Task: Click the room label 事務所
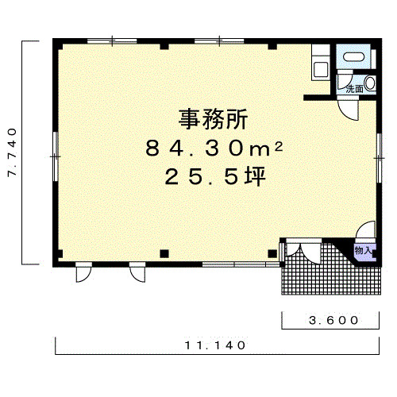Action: [x=214, y=119]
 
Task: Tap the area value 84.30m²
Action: [x=214, y=148]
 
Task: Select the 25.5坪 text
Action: [x=215, y=176]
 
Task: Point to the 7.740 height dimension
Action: [x=12, y=152]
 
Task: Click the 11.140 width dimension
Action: [x=215, y=345]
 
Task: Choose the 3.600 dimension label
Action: [x=333, y=320]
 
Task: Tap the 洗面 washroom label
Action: [x=355, y=89]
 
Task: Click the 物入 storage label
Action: [x=364, y=250]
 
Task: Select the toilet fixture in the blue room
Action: [x=353, y=56]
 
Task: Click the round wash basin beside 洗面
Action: [x=370, y=83]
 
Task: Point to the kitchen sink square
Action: [x=321, y=69]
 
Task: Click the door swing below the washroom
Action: [x=348, y=108]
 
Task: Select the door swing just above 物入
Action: [x=366, y=229]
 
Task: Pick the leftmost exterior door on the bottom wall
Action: [x=83, y=272]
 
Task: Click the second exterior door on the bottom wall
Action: [x=137, y=272]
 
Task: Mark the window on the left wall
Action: [x=55, y=156]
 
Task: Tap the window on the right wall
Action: [x=379, y=158]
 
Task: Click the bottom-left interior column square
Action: [x=164, y=254]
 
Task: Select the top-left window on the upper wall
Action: [x=112, y=41]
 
